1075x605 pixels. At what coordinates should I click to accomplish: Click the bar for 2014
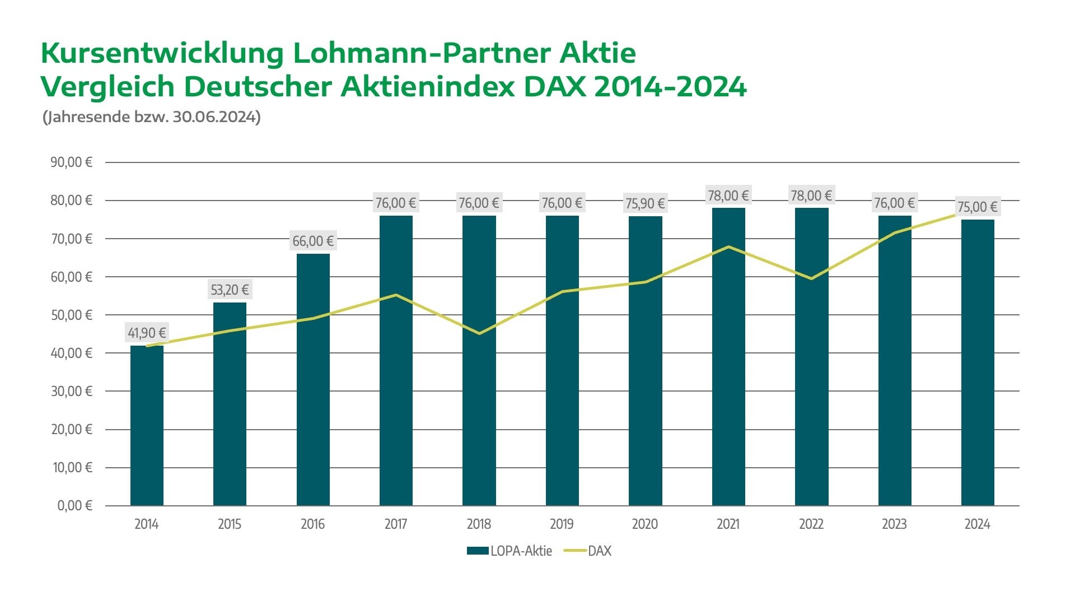(147, 426)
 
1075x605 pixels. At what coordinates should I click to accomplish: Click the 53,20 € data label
(230, 290)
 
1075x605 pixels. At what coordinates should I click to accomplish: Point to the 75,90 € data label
(645, 203)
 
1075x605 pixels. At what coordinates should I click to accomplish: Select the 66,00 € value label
(313, 241)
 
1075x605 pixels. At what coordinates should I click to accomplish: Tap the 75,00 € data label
(977, 207)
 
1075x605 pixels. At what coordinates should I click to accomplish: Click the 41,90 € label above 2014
(147, 333)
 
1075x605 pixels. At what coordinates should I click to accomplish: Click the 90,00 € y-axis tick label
(71, 162)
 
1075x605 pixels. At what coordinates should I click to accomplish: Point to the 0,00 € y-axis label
(74, 506)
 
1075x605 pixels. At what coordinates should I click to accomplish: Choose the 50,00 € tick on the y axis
(72, 315)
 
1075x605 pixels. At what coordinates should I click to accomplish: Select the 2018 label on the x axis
(479, 524)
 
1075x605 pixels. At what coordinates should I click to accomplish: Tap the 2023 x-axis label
(894, 524)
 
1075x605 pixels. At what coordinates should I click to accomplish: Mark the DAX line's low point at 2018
(479, 333)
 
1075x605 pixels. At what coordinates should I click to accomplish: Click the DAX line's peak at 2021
(728, 246)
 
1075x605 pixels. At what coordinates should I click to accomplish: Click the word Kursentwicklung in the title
(162, 54)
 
